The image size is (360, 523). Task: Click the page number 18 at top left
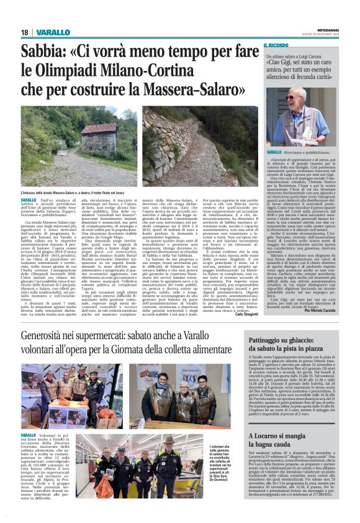click(x=25, y=32)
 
